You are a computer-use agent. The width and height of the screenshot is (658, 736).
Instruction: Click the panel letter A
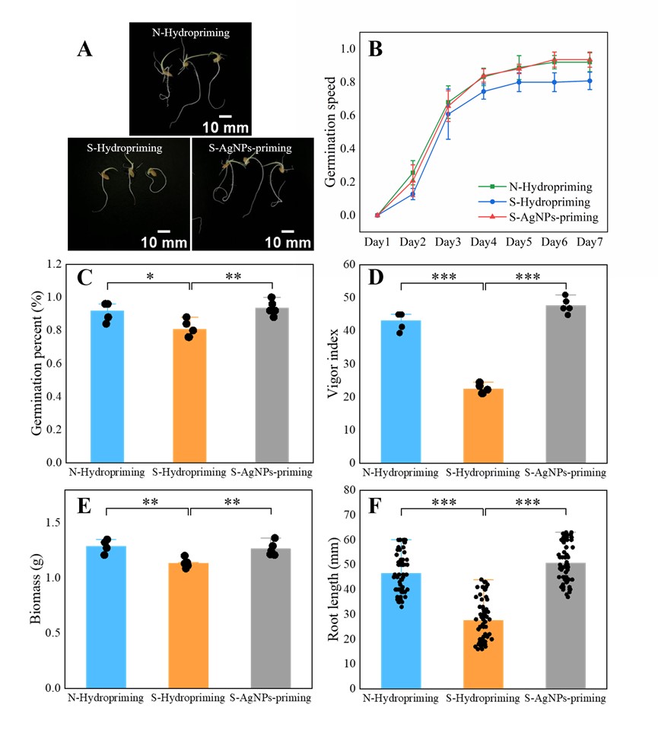(x=86, y=50)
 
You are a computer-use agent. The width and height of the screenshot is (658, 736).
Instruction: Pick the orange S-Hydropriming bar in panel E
(x=189, y=624)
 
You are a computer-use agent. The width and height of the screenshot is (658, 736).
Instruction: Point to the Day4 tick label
(x=484, y=241)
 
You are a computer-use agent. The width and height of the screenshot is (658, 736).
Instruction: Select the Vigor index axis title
(x=332, y=364)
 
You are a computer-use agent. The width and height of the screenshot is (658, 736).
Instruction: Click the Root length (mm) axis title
(x=332, y=590)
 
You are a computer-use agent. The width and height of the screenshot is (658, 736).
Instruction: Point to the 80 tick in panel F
(x=351, y=490)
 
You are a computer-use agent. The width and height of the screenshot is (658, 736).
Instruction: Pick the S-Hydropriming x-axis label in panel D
(x=484, y=473)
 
